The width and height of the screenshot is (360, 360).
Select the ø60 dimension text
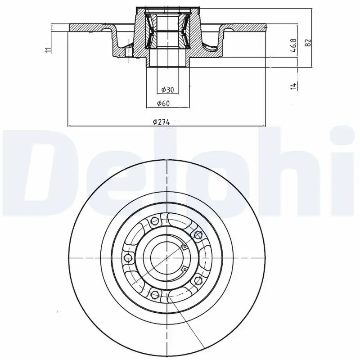point(162,104)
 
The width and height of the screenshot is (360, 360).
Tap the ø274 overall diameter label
point(161,121)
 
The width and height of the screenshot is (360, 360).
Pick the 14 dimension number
point(293,85)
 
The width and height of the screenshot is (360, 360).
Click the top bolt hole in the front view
point(155,221)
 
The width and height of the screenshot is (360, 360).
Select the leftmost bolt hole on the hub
point(128,258)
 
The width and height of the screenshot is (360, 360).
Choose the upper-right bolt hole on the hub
point(197,234)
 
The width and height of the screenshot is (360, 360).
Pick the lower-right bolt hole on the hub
point(197,281)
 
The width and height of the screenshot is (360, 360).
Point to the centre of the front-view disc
point(167,258)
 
